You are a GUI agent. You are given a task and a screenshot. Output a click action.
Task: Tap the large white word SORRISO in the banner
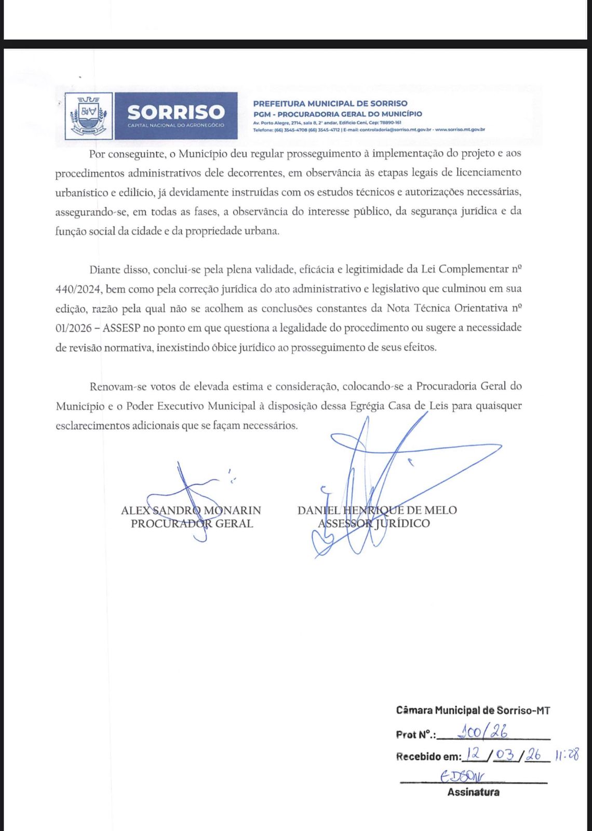(176, 112)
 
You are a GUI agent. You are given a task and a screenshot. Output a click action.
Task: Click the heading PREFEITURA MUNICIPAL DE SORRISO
(330, 103)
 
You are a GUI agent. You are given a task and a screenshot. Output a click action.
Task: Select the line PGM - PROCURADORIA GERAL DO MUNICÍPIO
(338, 114)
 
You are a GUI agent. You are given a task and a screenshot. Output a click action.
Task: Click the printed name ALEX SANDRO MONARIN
(191, 511)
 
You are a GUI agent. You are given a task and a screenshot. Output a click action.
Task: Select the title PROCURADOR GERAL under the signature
(192, 524)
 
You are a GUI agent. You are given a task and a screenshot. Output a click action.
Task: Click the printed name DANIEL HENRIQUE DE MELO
(377, 510)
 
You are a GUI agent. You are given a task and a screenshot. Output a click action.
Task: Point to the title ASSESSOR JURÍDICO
(374, 524)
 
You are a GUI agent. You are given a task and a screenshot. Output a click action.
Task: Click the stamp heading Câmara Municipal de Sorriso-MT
(473, 710)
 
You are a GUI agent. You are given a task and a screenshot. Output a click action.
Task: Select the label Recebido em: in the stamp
(428, 757)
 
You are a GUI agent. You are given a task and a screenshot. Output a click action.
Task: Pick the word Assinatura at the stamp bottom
(473, 793)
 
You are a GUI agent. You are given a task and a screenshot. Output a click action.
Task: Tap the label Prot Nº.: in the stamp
(416, 734)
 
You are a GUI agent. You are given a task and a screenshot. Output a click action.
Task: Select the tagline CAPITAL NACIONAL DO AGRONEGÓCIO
(176, 126)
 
